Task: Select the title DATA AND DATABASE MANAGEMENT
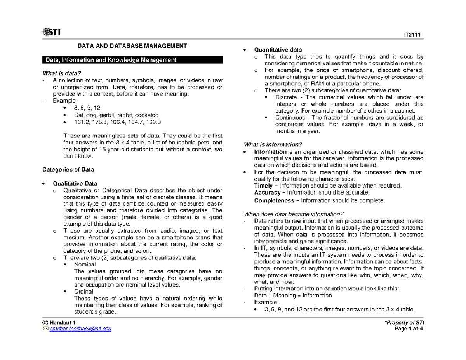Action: [x=132, y=46]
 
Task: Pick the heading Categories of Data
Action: [x=68, y=170]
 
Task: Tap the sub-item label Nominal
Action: [x=85, y=264]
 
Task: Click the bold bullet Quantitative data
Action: [x=278, y=50]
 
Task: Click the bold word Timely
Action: [x=263, y=186]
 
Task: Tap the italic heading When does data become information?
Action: [x=293, y=214]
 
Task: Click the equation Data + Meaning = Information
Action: [x=293, y=295]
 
